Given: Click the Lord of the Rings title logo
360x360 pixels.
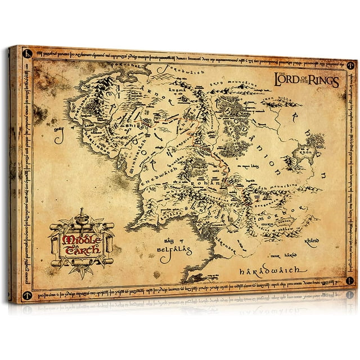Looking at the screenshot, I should pyautogui.click(x=306, y=81).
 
